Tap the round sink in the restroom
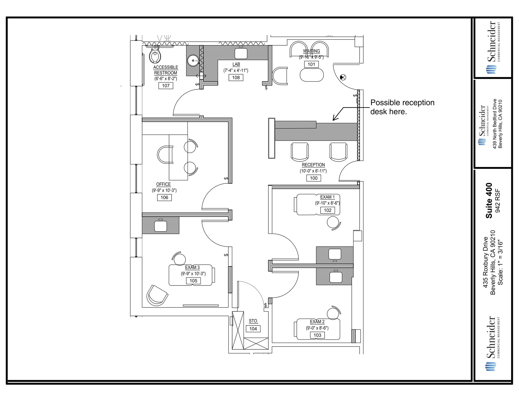193,61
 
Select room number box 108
236,78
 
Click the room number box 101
311,64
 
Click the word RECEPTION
313,165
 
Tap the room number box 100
313,178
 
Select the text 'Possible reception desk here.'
402,107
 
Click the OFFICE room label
163,184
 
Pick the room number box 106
164,198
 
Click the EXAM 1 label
327,197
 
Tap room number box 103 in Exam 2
317,335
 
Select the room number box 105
193,281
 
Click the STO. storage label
253,321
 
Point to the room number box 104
253,329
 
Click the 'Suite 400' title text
489,200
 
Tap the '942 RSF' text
497,201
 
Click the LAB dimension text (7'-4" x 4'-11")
236,71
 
